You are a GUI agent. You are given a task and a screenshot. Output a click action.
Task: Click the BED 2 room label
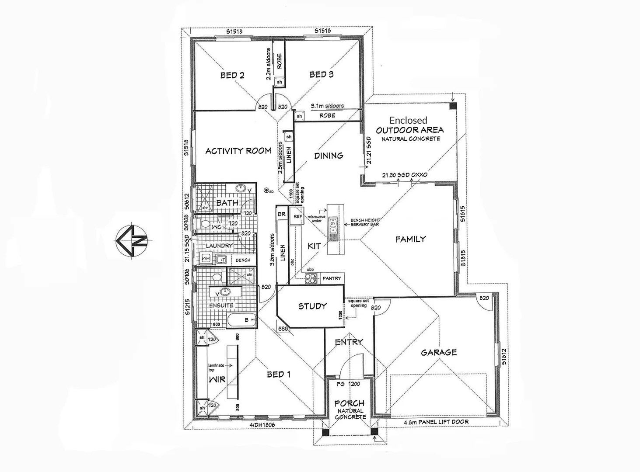pos(232,75)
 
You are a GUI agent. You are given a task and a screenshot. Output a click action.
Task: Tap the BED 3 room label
pos(322,75)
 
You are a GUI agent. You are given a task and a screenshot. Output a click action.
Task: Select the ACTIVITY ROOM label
pos(238,151)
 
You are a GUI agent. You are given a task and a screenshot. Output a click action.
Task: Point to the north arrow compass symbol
pos(132,240)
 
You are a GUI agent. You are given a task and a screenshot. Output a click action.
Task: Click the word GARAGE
pos(439,352)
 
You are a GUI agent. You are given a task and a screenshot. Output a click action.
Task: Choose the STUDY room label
pos(312,306)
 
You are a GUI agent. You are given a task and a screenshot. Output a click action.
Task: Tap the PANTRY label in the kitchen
pos(332,278)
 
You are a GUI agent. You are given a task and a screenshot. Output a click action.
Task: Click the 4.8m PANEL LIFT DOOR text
pos(436,422)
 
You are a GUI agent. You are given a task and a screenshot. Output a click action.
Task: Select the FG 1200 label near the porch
pos(348,384)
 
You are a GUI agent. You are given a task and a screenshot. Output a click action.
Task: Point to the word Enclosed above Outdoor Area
pos(408,120)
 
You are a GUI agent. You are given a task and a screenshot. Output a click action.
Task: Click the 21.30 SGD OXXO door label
pos(405,175)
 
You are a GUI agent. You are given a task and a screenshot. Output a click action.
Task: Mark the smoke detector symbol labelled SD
pos(266,191)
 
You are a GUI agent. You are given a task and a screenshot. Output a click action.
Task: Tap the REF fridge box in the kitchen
pos(297,217)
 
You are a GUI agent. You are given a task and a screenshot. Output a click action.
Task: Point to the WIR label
pos(217,379)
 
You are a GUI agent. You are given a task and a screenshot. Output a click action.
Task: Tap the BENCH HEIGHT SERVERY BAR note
pos(365,222)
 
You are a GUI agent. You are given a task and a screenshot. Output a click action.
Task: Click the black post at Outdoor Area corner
pos(453,106)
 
